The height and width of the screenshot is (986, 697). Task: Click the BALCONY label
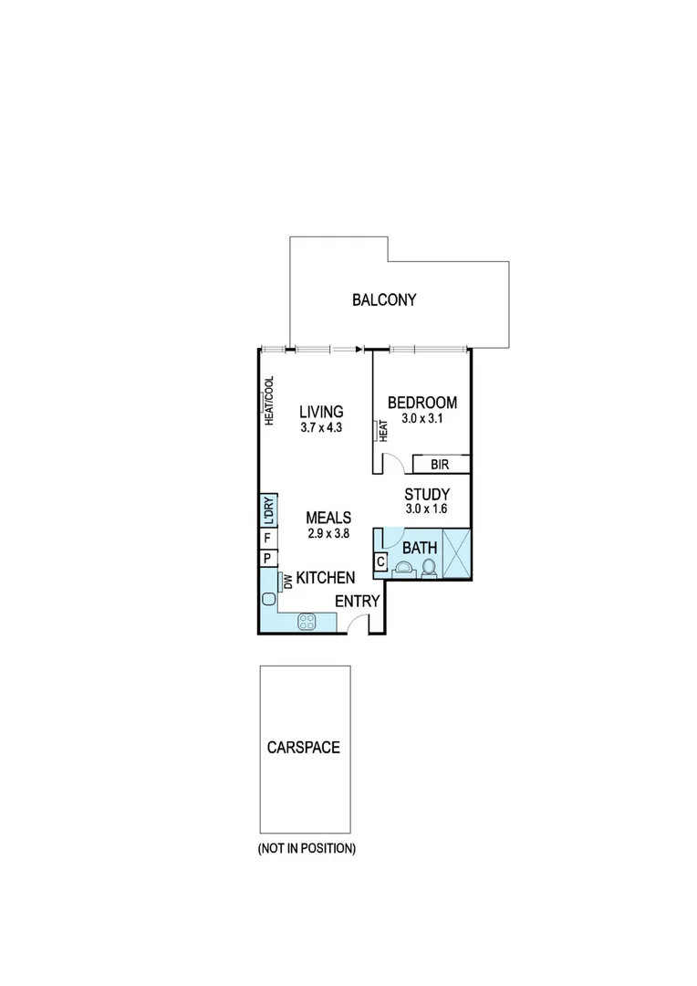pyautogui.click(x=384, y=299)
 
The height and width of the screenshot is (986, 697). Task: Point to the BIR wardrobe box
pyautogui.click(x=442, y=465)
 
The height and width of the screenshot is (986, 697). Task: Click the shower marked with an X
pyautogui.click(x=455, y=553)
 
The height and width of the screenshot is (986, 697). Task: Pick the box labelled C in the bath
pyautogui.click(x=380, y=562)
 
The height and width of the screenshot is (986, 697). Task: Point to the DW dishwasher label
pyautogui.click(x=286, y=581)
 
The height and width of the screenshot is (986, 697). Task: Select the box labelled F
pyautogui.click(x=267, y=539)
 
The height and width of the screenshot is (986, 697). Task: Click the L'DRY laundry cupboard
pyautogui.click(x=267, y=511)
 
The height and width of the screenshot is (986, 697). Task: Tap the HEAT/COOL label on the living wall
pyautogui.click(x=269, y=402)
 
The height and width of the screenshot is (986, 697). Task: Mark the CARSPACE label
pyautogui.click(x=304, y=747)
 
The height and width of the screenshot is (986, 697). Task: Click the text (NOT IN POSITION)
pyautogui.click(x=306, y=848)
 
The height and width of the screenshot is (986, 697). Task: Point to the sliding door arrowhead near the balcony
pyautogui.click(x=359, y=348)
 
